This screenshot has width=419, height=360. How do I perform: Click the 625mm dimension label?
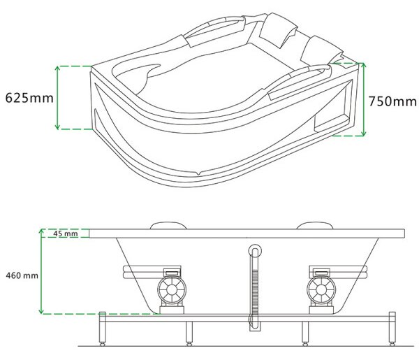coord(29,98)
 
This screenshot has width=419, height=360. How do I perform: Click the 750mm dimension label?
coord(392,101)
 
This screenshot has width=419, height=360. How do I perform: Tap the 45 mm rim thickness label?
coord(66,233)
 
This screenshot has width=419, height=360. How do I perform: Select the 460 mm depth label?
coord(22,275)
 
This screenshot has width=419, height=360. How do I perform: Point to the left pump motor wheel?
coord(172,290)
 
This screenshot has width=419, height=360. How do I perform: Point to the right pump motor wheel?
coord(321,290)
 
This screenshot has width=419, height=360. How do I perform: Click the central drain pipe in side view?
coord(255,287)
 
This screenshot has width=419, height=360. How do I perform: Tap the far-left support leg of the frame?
coord(103,329)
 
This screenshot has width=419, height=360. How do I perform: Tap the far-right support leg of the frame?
coord(392,329)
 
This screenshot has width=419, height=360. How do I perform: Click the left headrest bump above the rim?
coord(168,225)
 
